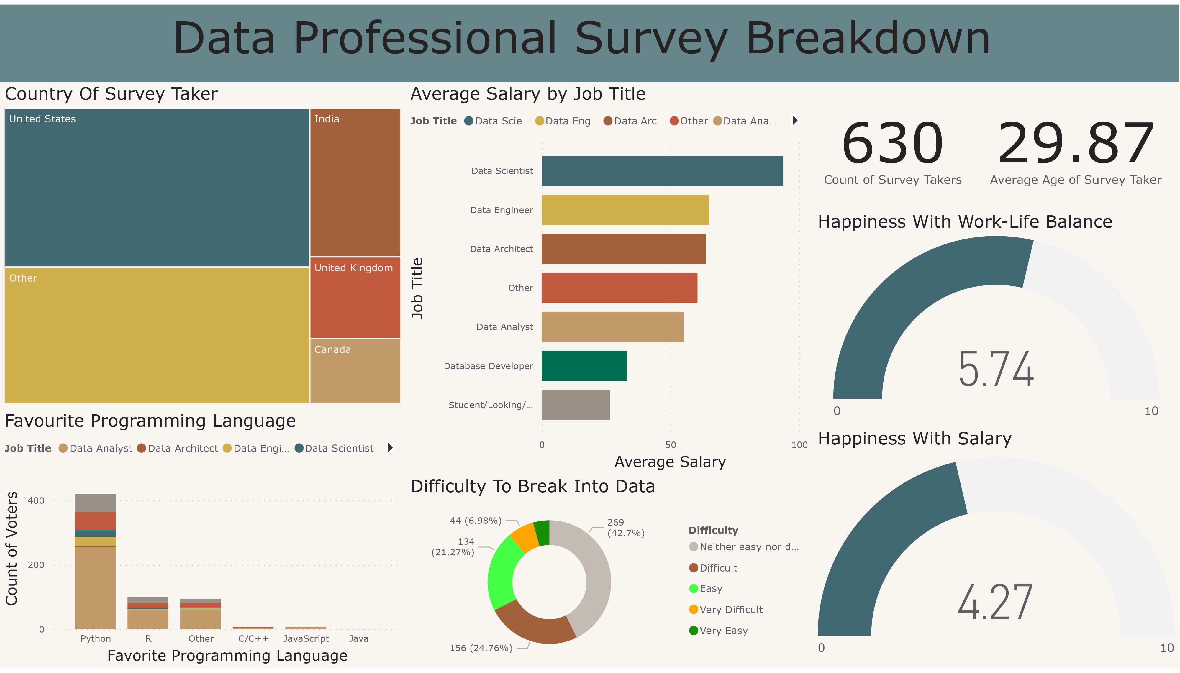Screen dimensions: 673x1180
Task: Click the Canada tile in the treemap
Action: [x=355, y=371]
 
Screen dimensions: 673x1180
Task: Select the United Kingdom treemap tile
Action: [x=355, y=298]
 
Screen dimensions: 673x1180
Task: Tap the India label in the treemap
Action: [x=327, y=119]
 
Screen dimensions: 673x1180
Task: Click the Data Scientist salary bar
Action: [x=662, y=171]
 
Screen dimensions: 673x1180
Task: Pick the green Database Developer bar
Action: [x=584, y=366]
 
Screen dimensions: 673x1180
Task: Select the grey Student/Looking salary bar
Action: [x=576, y=405]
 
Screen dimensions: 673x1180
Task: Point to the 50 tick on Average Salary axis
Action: [x=671, y=445]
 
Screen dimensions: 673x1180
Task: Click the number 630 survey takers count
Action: [x=892, y=143]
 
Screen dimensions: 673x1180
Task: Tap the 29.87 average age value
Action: [x=1076, y=143]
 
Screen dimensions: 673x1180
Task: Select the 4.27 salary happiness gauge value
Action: [x=995, y=602]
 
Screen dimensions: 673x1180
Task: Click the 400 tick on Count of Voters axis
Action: [x=36, y=500]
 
